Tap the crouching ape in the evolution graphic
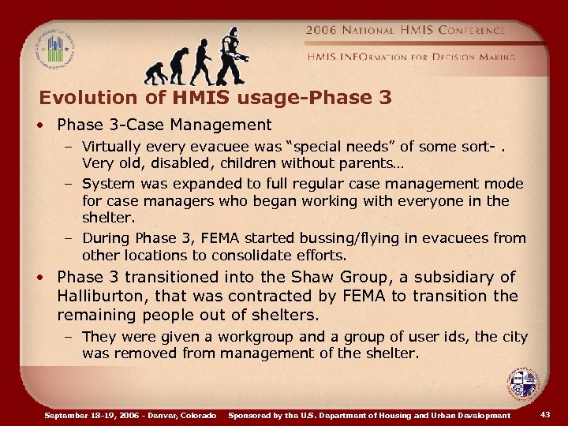coord(157,72)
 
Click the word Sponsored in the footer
coord(252,415)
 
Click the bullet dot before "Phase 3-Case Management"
coord(47,125)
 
